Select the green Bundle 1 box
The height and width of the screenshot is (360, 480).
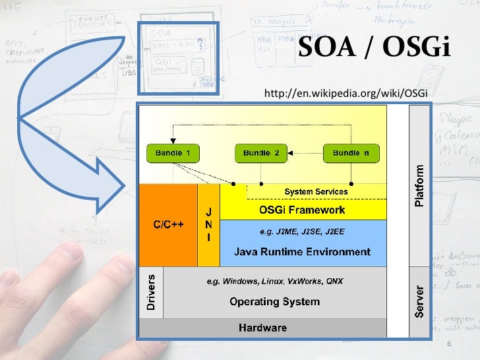(x=172, y=153)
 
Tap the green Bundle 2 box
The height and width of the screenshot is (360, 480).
(x=261, y=153)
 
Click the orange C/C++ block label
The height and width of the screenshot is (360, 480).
(x=168, y=224)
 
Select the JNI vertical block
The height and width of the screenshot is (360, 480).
(x=208, y=225)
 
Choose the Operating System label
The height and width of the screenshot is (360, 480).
(x=274, y=302)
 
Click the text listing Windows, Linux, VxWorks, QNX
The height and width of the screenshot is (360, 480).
(x=274, y=281)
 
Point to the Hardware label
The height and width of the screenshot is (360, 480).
(x=262, y=328)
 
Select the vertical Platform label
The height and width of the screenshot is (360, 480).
(x=419, y=186)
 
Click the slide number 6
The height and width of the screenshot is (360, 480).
(x=449, y=345)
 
